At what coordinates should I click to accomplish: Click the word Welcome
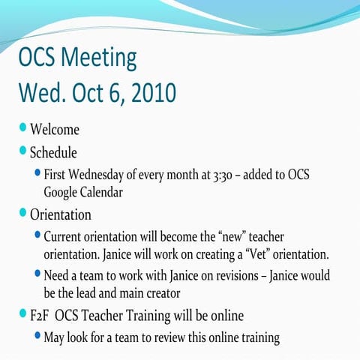coord(54,130)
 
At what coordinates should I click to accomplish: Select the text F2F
coord(42,315)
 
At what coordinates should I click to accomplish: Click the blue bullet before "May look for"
coord(37,337)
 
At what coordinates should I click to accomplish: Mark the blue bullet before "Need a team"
coord(37,274)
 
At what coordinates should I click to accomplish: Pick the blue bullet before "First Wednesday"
coord(37,174)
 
